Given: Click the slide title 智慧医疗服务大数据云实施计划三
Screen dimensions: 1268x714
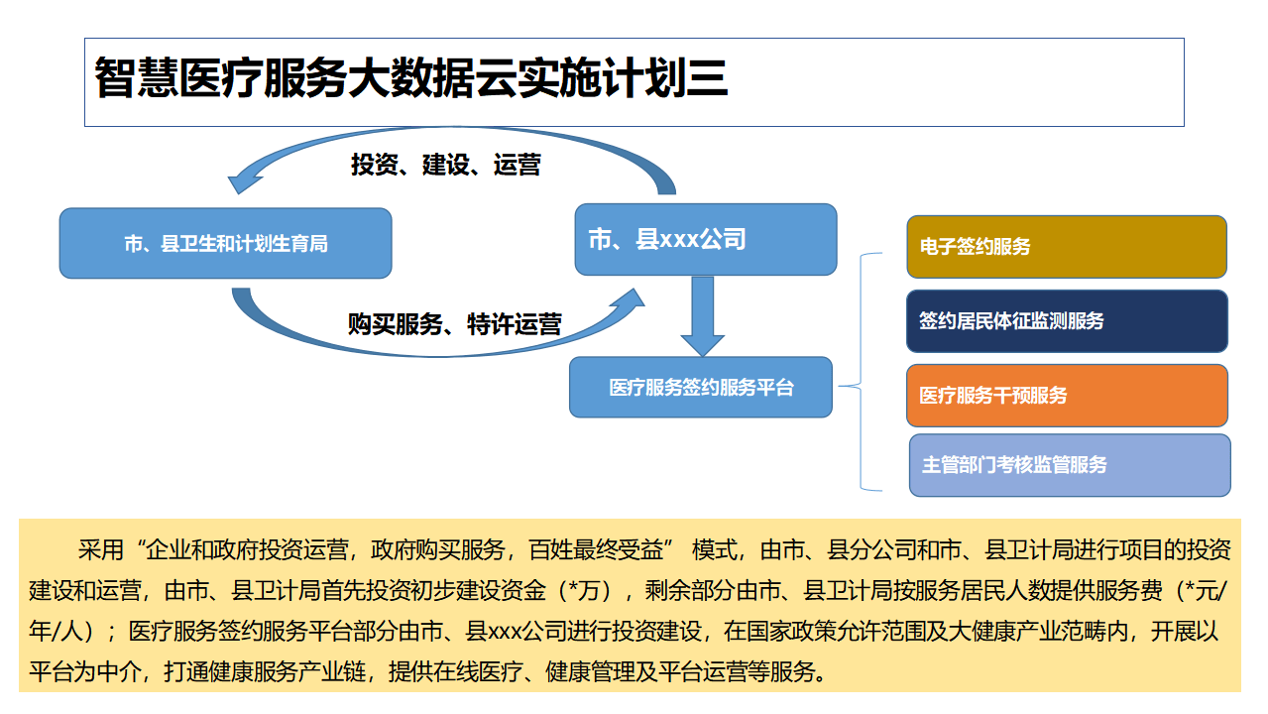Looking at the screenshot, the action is [x=411, y=79].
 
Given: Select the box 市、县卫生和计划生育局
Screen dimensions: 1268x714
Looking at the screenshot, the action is [x=226, y=243].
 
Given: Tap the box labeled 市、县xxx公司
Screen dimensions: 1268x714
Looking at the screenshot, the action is [x=706, y=239].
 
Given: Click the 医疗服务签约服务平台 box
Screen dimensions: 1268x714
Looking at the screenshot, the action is [x=701, y=387].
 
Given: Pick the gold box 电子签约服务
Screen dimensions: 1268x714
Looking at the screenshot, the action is [x=1067, y=247].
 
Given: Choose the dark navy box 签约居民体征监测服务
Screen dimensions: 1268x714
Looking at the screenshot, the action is [x=1067, y=321].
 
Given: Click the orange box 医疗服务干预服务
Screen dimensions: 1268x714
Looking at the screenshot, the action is [x=1067, y=396].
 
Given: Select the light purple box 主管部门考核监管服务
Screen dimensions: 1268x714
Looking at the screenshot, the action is [x=1070, y=465].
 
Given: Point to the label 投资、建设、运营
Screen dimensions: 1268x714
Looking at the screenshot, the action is [x=445, y=165].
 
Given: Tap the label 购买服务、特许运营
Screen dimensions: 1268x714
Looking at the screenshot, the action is [x=455, y=324].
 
